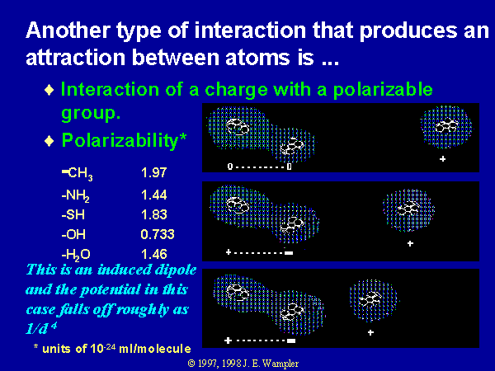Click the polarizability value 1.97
coord(153,172)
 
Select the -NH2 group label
coord(75,196)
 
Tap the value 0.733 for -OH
coord(158,234)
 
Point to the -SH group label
coord(73,215)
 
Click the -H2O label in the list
coord(76,255)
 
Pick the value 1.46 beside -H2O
coord(154,254)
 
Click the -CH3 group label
coord(78,173)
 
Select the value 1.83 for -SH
coord(154,214)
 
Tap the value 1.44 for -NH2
coord(154,195)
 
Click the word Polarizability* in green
coord(124,141)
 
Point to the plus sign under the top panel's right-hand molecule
coord(442,158)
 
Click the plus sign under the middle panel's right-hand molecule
coord(410,243)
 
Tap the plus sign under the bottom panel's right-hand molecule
coord(371,332)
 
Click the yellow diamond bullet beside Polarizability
coord(49,141)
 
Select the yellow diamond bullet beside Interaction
coord(49,90)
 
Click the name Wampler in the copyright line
coord(280,364)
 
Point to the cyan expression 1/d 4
coord(41,328)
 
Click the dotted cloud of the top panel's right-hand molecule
coord(445,126)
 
